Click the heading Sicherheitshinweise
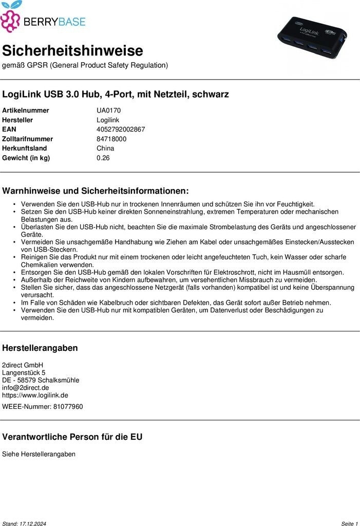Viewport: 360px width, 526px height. [x=72, y=51]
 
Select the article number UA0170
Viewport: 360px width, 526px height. [x=108, y=110]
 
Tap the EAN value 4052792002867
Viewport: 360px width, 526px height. [x=121, y=129]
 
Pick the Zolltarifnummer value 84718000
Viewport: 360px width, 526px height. [x=111, y=139]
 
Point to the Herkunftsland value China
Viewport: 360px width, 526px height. [x=105, y=148]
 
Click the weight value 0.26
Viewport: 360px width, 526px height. [x=103, y=158]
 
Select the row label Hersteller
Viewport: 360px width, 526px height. [x=17, y=120]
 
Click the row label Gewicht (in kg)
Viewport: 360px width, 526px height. [x=26, y=158]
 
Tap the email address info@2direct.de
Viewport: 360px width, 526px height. [x=26, y=388]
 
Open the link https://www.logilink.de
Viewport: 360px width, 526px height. [x=35, y=396]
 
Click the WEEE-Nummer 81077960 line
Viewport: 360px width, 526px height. [x=42, y=407]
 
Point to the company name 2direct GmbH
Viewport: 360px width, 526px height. [x=23, y=365]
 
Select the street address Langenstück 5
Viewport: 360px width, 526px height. [x=24, y=372]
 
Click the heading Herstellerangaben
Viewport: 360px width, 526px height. [x=40, y=348]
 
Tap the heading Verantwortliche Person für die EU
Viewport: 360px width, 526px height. [x=72, y=437]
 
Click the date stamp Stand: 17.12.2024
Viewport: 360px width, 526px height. [x=24, y=523]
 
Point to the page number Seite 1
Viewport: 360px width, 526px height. [x=349, y=523]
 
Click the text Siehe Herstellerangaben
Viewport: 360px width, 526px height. [x=39, y=454]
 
